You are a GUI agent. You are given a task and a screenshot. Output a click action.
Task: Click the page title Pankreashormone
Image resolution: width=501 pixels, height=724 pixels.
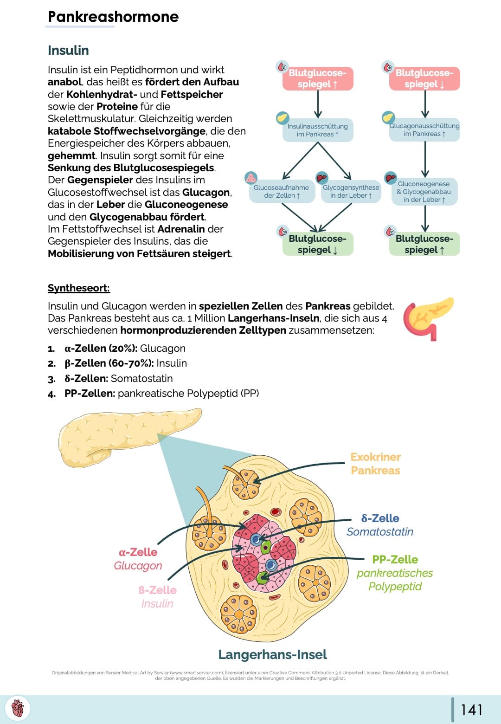click(x=113, y=17)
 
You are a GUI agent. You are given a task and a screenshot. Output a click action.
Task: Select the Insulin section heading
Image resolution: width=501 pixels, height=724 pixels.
click(x=68, y=50)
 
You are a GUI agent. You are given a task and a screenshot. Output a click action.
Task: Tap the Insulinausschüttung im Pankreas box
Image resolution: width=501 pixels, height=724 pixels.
click(x=318, y=130)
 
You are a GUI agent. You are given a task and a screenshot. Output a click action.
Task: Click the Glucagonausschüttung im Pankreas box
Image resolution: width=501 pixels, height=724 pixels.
click(x=424, y=129)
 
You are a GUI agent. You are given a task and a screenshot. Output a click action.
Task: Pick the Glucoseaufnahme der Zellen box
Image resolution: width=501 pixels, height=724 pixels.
click(x=281, y=191)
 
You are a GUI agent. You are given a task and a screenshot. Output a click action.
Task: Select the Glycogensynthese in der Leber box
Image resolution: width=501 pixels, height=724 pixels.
click(x=351, y=191)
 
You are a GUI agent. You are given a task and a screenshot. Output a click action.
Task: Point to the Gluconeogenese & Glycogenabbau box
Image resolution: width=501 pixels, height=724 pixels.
click(x=424, y=191)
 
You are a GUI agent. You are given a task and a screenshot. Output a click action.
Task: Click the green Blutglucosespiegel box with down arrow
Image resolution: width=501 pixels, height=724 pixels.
click(x=318, y=244)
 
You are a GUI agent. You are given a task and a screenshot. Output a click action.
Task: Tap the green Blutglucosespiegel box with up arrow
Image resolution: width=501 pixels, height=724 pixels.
click(x=424, y=244)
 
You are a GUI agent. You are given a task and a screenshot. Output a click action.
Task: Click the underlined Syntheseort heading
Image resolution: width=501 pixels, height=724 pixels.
click(x=79, y=288)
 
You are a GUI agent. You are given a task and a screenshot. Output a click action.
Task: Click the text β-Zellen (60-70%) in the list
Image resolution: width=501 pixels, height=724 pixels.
click(x=109, y=363)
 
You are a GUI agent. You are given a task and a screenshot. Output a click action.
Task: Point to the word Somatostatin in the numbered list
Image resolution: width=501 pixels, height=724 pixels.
click(x=141, y=378)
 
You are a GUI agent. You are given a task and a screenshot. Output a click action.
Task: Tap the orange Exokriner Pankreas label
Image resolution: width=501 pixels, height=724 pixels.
click(x=375, y=464)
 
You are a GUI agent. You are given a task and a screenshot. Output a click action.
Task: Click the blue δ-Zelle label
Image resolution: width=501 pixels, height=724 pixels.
click(x=380, y=518)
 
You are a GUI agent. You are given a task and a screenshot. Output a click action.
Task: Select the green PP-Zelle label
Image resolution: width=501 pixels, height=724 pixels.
click(x=395, y=559)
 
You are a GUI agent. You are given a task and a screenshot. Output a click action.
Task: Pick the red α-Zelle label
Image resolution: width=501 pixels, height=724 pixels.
click(x=138, y=552)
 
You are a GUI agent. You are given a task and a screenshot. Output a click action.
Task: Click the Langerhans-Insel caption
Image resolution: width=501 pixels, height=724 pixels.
click(x=272, y=654)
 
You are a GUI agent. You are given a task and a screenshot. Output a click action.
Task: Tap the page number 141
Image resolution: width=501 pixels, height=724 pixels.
click(x=471, y=709)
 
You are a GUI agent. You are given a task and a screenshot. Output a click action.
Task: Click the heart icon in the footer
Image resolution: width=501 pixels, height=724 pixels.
click(x=18, y=709)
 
